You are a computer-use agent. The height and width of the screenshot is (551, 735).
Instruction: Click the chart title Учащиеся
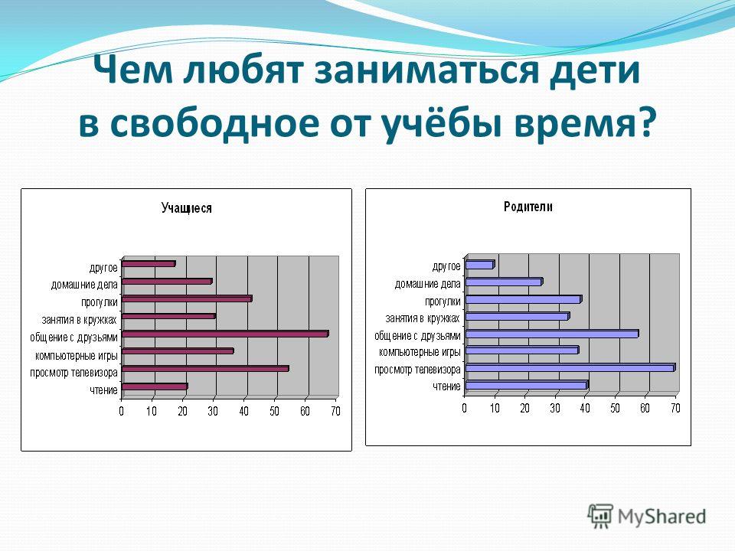coord(186,208)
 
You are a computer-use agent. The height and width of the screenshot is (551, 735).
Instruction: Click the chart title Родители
coord(528,207)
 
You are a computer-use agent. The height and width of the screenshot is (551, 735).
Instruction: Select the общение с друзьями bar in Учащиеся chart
coord(225,334)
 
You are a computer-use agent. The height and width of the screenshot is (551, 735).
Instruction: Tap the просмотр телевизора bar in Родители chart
coord(570,367)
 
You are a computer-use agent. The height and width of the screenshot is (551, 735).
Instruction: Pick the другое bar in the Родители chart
coord(480,265)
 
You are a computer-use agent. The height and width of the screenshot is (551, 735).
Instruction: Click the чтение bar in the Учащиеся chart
coord(155,386)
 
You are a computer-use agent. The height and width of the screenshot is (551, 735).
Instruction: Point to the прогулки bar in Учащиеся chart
coord(187,298)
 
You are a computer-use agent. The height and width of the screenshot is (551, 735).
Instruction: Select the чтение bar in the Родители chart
coord(528,385)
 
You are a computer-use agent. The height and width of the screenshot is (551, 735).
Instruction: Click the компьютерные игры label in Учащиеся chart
coord(76,356)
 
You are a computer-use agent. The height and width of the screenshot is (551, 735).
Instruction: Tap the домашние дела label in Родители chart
coord(427,284)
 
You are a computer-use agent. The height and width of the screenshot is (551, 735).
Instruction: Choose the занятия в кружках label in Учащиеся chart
coord(79,320)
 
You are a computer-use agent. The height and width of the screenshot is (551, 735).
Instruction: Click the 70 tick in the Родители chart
coord(675,408)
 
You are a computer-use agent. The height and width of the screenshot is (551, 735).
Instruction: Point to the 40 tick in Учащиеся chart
coord(243,412)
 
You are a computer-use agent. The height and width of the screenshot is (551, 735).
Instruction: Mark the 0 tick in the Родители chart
coord(464,408)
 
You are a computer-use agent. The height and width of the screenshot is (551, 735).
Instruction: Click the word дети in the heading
coord(594,70)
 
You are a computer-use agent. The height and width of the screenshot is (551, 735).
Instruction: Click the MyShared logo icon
coord(600,517)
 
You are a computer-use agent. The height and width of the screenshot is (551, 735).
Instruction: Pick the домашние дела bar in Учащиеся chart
coord(168,281)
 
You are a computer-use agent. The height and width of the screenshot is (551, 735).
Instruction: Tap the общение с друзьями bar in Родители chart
coord(552,334)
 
